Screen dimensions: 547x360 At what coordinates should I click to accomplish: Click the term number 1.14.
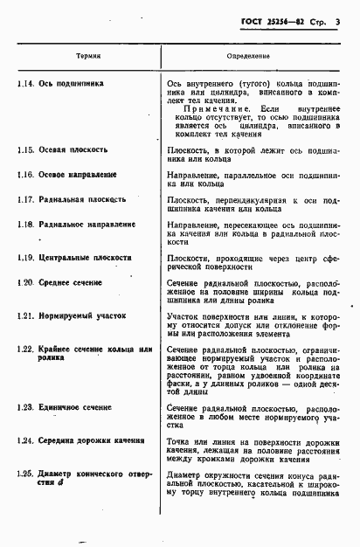24,84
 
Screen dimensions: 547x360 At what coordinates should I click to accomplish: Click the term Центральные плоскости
86,259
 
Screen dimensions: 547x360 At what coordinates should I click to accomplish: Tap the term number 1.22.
24,350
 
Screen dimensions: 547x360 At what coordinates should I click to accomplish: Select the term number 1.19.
24,259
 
